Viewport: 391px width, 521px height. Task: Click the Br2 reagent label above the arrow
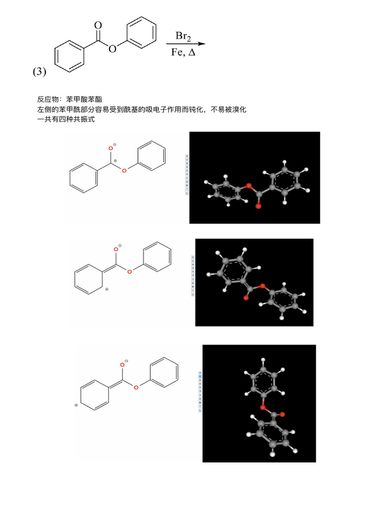tap(183, 36)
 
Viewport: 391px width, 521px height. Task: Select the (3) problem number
tap(40, 72)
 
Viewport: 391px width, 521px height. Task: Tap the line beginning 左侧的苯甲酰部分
tap(142, 109)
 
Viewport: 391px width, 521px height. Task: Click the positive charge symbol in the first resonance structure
tap(116, 161)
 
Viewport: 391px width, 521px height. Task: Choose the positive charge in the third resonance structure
tap(76, 405)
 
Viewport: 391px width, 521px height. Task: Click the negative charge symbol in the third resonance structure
tap(126, 361)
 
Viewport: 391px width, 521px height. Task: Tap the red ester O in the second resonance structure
tap(129, 272)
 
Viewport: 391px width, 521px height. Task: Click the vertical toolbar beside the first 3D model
tap(187, 175)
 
